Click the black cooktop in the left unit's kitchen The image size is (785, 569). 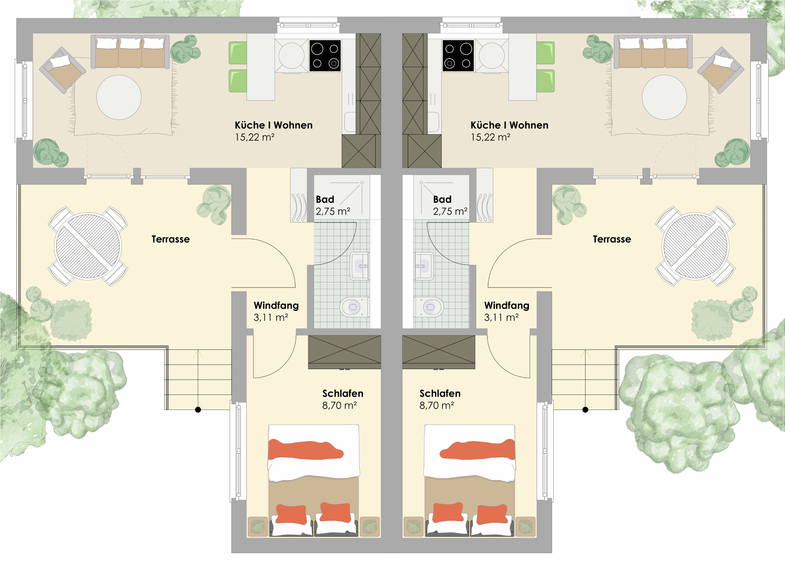[x=325, y=56]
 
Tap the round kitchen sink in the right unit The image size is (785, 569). [x=492, y=56]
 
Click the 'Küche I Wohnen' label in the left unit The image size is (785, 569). [x=274, y=125]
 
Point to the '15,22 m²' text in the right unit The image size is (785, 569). [x=490, y=137]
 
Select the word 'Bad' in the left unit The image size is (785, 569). [x=325, y=199]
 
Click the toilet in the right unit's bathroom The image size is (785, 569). [x=428, y=307]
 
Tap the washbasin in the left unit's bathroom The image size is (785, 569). [x=360, y=266]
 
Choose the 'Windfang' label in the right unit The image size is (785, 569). [x=507, y=305]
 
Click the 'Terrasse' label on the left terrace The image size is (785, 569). [x=170, y=239]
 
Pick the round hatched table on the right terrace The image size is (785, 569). [x=695, y=246]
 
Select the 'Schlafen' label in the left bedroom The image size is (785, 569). [x=343, y=393]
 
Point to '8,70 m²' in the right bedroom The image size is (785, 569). [x=436, y=405]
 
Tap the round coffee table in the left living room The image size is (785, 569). [x=119, y=97]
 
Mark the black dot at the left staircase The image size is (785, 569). [x=198, y=410]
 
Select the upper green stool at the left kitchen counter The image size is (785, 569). [x=238, y=53]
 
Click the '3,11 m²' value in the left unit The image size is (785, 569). [x=271, y=318]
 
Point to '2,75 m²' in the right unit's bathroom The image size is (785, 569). [x=450, y=211]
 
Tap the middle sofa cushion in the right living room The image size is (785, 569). [x=653, y=52]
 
